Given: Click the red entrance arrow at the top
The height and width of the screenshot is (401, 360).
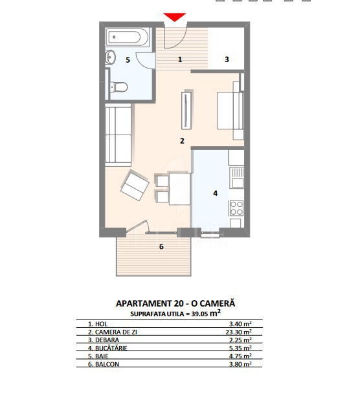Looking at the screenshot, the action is point(175,17).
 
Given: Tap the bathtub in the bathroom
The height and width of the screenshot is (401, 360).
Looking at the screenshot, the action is point(128,37).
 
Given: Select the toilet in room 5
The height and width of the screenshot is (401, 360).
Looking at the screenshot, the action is point(118,87).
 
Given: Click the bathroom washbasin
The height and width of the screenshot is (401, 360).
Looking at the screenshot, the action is point(110,58).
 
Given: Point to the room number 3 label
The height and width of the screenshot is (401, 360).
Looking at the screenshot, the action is point(227,60).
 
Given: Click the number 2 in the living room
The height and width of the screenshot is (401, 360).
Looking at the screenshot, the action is point(182,140).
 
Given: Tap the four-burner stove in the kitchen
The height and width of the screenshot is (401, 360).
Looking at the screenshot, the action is point(236,208).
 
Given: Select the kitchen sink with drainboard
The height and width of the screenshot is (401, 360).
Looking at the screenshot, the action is point(236,177).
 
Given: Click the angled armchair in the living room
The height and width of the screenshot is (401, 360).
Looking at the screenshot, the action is point(135,185).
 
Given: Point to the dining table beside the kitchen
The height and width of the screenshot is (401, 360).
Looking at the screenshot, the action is point(179,189).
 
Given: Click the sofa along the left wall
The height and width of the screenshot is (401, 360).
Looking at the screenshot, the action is point(118,135).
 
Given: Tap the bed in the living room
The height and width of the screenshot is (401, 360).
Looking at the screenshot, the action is point(231,111).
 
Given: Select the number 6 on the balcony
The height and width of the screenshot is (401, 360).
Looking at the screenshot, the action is point(161,246).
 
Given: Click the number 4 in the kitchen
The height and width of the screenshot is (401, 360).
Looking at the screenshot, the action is point(216,193).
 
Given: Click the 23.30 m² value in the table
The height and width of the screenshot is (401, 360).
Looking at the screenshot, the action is point(239,332).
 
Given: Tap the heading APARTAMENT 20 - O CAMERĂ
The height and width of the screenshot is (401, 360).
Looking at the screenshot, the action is point(175,303).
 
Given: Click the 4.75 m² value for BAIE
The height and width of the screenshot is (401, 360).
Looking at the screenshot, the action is point(240,356).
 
